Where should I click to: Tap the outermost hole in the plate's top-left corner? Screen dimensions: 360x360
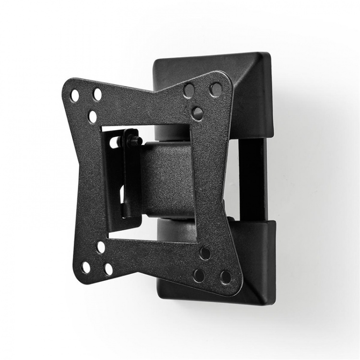pos(75,96)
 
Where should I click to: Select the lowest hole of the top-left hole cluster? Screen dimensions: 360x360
pos(93,116)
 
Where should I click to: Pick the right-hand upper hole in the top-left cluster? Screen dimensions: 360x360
pos(97,94)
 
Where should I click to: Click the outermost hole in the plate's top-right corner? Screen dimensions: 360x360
pos(216,89)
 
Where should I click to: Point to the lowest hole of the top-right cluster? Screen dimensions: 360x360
pos(198,113)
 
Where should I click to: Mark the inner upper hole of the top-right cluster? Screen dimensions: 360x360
pos(189,90)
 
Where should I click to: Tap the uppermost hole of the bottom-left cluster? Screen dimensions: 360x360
pos(101,247)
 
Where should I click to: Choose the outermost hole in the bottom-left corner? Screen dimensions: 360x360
pos(86,267)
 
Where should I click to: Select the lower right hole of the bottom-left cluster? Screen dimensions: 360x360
pos(108,269)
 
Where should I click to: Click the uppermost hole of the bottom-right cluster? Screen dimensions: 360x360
pos(205,253)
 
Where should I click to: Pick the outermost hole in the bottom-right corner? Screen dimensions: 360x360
pos(225,277)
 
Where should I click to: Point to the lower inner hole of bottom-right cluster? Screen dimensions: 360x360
pos(199,276)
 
